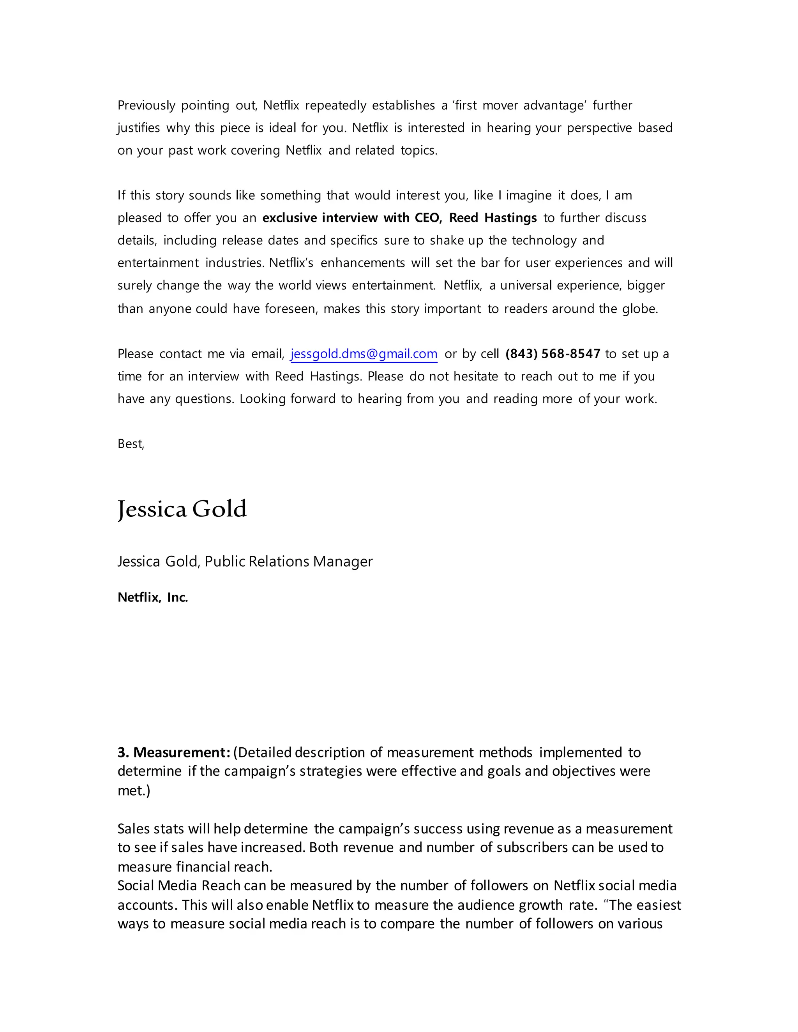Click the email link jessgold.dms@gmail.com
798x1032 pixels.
tap(364, 354)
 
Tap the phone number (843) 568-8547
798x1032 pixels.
tap(553, 354)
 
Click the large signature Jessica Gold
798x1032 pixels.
tap(182, 509)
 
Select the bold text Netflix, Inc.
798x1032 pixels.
tap(153, 597)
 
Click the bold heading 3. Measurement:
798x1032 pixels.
tap(174, 752)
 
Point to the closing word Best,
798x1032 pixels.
tap(131, 444)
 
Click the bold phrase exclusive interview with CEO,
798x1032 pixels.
tap(352, 218)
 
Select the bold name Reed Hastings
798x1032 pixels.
tap(493, 218)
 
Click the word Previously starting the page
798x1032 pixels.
tap(146, 106)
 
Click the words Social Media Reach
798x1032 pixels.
tap(179, 886)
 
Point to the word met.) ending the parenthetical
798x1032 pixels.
tap(134, 791)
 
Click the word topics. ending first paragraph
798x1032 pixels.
tap(419, 151)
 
